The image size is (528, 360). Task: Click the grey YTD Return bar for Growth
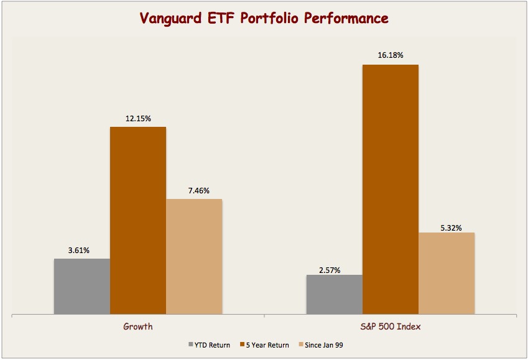(81, 286)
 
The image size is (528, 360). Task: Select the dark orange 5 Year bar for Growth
(138, 221)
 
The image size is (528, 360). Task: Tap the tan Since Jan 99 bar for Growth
(194, 256)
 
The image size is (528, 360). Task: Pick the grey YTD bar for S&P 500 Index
(334, 294)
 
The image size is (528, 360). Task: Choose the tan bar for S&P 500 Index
(447, 273)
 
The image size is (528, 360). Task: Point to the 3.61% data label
(79, 251)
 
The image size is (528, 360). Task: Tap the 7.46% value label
(194, 191)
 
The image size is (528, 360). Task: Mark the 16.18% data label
(391, 56)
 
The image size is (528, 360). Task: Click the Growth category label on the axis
(138, 326)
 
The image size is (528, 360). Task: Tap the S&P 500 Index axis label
(391, 326)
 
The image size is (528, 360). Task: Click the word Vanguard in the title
(173, 19)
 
